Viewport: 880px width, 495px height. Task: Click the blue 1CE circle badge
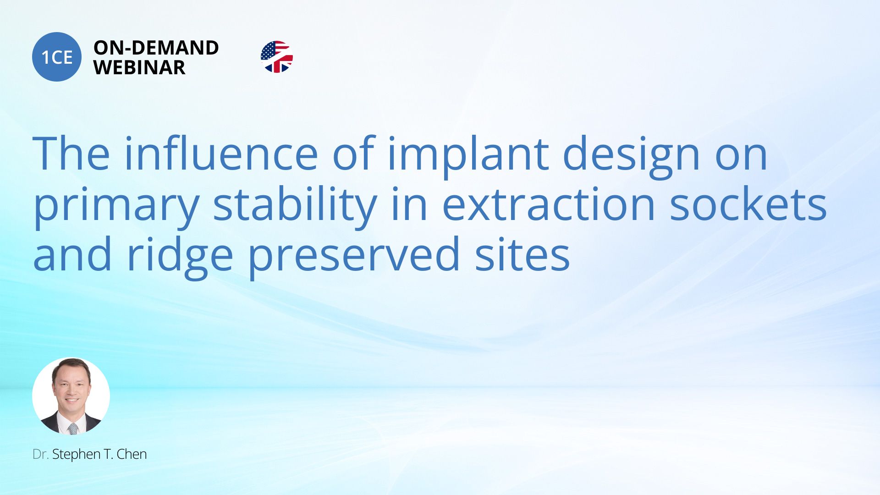point(57,57)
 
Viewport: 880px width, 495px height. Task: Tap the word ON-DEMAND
point(156,48)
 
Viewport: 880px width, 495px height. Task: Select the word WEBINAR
point(139,67)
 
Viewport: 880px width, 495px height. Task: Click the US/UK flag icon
point(276,57)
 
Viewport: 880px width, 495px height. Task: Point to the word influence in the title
point(221,153)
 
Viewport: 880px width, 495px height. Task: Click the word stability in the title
point(295,206)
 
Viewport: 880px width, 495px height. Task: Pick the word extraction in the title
point(548,204)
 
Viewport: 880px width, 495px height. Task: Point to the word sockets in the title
point(748,204)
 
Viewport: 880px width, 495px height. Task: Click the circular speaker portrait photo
point(71,396)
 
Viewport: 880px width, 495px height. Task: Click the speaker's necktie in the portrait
point(73,429)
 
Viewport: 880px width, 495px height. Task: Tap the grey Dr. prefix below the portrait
point(40,454)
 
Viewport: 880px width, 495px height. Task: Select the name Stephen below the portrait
point(76,455)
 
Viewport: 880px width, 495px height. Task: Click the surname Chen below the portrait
point(132,454)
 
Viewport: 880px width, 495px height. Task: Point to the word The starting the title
point(71,153)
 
